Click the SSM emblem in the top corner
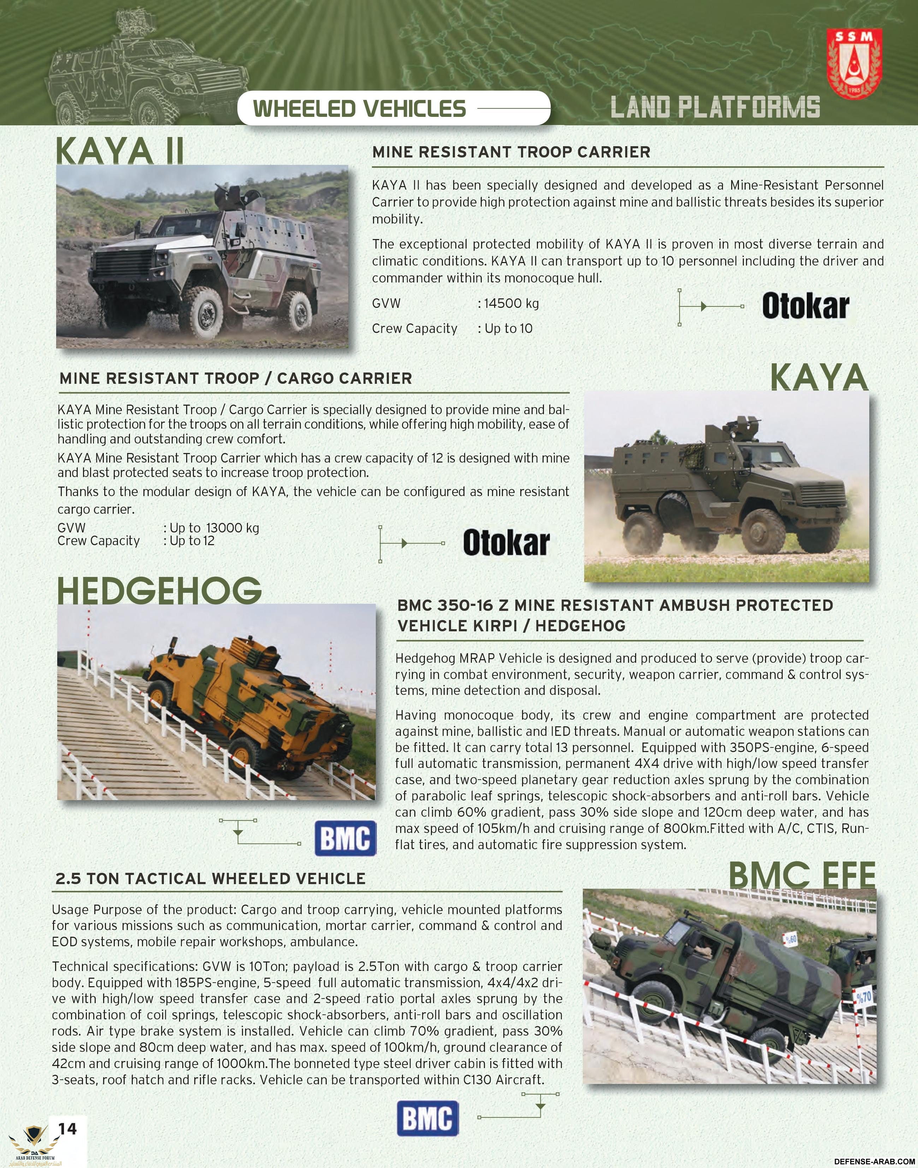coord(854,64)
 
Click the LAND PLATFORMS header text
coord(715,107)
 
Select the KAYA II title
coord(119,151)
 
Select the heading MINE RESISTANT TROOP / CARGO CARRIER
coord(235,378)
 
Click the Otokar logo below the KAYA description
coord(506,543)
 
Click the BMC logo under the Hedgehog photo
coord(345,838)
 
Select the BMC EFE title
coord(801,875)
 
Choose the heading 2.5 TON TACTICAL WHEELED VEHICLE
coord(210,878)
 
